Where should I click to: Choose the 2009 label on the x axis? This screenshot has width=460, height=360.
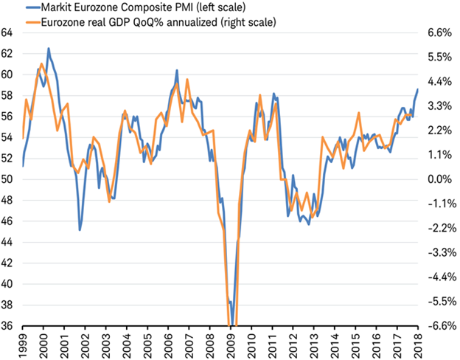[231, 343]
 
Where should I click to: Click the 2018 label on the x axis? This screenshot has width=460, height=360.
[418, 343]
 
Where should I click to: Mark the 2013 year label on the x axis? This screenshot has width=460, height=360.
[314, 343]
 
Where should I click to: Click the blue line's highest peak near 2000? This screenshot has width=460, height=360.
[49, 49]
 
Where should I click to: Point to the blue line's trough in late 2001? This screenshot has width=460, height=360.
[80, 229]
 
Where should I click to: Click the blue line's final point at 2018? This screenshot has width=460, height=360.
[417, 89]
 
